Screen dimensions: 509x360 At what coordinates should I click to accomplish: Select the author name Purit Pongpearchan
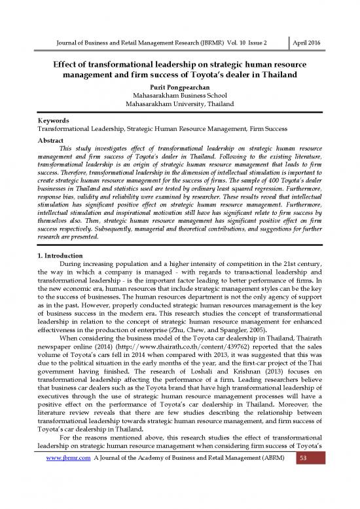click(179, 85)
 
